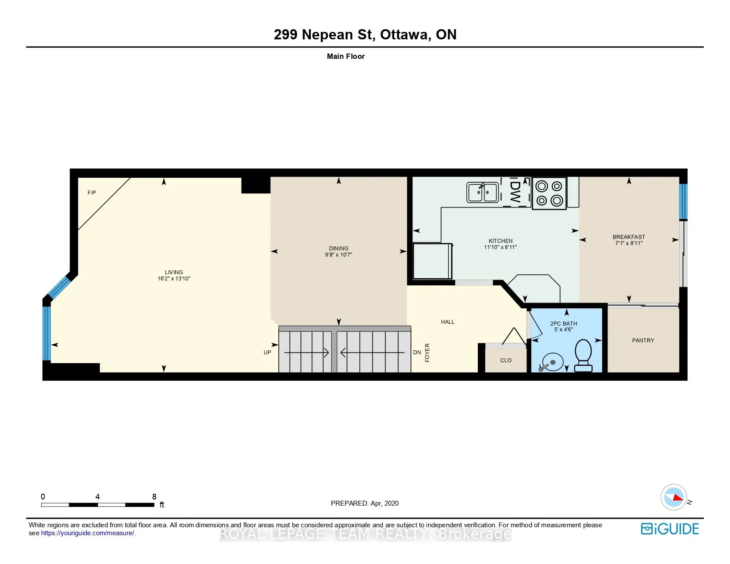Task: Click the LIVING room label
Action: click(x=174, y=272)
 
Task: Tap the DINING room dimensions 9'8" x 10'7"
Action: click(x=338, y=255)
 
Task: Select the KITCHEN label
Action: click(x=500, y=241)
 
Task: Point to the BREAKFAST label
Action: click(x=629, y=237)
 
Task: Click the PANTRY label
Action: click(x=643, y=340)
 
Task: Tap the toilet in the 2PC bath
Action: click(x=583, y=355)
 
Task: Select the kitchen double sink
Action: click(x=482, y=192)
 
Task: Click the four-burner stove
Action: click(x=549, y=193)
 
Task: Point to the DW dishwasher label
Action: click(x=515, y=192)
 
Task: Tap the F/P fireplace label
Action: click(x=92, y=192)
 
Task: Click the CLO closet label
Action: click(x=506, y=361)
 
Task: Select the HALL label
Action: click(x=447, y=322)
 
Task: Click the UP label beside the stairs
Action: click(x=267, y=353)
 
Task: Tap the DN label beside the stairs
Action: click(x=417, y=353)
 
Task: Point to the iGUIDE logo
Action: click(x=669, y=529)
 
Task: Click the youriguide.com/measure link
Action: click(x=87, y=533)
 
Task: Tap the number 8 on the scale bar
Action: click(x=154, y=496)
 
